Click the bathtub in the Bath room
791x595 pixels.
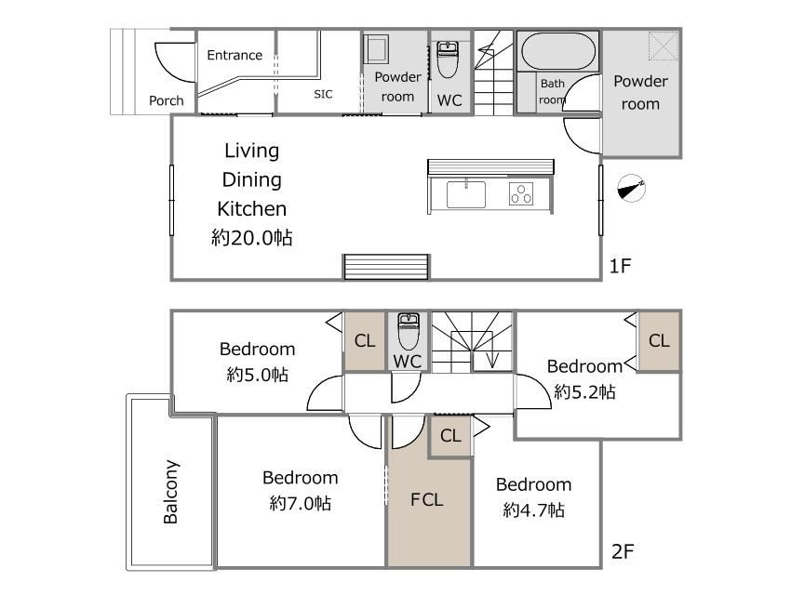coord(558,51)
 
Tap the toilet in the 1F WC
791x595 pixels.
coord(448,59)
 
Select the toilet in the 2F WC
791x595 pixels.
coord(409,331)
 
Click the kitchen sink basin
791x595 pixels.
coord(466,194)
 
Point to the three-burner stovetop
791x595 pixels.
coord(521,194)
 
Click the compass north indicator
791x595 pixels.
coord(632,189)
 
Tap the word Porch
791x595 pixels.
coord(167,100)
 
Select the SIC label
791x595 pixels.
coord(323,94)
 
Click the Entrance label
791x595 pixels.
coord(235,55)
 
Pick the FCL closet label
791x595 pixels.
coord(427,500)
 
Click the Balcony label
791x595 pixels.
coord(171,492)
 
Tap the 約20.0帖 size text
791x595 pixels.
coord(252,237)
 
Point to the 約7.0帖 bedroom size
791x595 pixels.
coord(301,503)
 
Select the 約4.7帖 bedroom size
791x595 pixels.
coord(534,509)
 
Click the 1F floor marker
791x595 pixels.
coord(620,266)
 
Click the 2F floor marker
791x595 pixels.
coord(623,551)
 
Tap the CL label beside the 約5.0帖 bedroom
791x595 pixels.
coord(365,341)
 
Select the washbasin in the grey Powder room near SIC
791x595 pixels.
coord(376,49)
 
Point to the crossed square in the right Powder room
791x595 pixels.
coord(664,46)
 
